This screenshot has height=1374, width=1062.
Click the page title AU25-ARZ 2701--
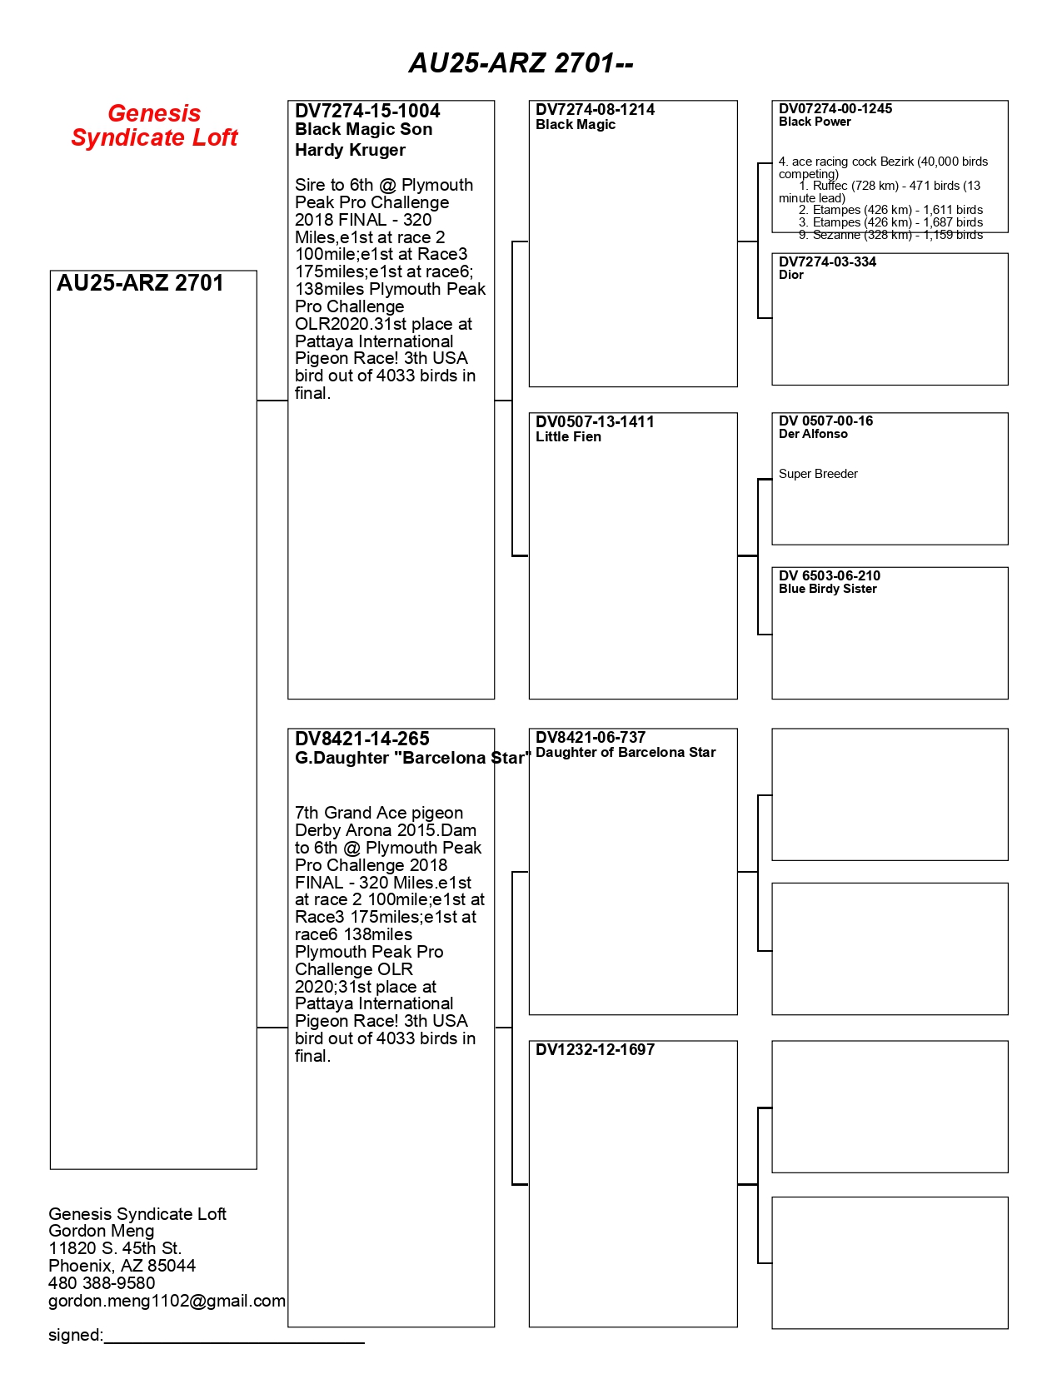521,63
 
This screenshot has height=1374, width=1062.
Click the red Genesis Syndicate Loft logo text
154,125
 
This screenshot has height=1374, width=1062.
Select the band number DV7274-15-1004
367,111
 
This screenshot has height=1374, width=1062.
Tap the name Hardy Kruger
350,150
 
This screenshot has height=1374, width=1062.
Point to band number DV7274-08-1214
595,109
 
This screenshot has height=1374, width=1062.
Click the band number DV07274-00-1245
835,108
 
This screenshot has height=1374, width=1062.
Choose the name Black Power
815,122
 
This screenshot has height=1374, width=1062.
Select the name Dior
790,275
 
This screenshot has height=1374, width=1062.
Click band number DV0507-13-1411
595,421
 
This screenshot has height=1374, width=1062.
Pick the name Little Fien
568,436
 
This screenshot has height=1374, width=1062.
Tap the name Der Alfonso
813,434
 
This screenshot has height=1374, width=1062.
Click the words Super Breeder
818,474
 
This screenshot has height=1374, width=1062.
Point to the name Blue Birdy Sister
827,589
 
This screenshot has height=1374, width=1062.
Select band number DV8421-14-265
361,739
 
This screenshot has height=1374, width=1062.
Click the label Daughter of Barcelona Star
626,752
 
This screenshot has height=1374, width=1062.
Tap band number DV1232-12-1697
595,1049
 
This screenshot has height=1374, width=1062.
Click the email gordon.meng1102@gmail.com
167,1301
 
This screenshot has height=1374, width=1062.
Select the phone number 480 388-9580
102,1283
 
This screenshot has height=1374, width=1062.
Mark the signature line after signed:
234,1341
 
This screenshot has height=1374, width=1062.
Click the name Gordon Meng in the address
101,1231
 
